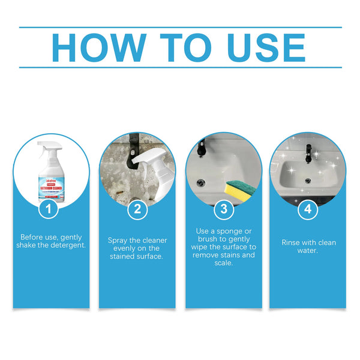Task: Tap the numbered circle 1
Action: pos(51,209)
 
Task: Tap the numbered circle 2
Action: pos(137,209)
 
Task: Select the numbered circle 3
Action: pos(223,209)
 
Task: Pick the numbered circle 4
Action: pos(308,209)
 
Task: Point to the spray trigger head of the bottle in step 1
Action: pos(47,147)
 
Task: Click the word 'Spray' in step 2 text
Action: pos(119,240)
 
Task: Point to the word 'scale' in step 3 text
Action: pos(223,263)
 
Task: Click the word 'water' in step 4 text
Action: pos(308,251)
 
